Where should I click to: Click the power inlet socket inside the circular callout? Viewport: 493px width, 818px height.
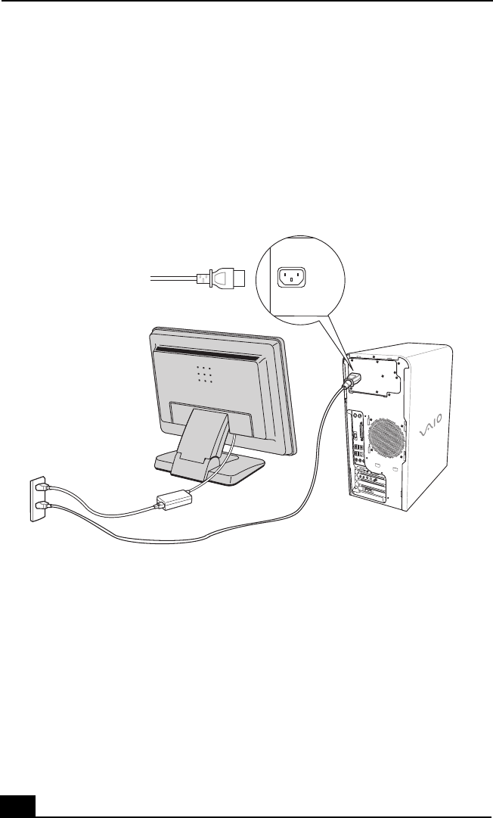[x=292, y=278]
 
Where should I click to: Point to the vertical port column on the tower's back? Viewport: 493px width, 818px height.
[x=355, y=446]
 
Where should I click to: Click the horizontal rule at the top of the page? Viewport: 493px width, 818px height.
[x=246, y=2]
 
